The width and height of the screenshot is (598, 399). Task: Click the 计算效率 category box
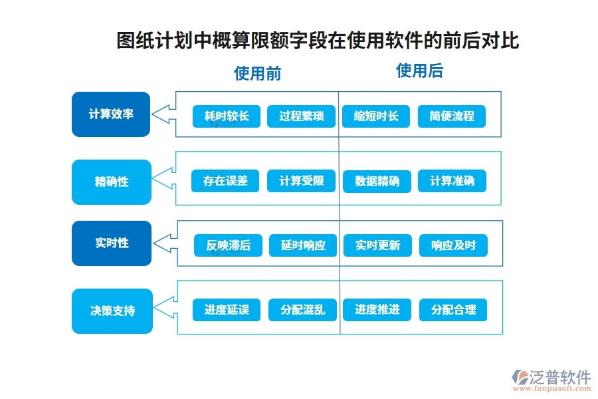111,114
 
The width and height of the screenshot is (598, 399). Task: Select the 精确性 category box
111,182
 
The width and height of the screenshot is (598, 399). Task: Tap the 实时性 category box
111,243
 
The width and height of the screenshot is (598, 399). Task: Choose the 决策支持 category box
111,311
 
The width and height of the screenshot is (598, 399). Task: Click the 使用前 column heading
257,73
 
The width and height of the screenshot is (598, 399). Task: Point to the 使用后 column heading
419,70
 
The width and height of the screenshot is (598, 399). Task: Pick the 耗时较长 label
227,116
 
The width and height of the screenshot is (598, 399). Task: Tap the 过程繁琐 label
301,116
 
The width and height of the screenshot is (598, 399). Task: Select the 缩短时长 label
376,116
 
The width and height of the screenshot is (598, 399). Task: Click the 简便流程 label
452,116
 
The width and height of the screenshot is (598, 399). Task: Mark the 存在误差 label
225,181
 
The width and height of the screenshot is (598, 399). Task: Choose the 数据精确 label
377,181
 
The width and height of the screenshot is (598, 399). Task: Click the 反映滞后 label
228,245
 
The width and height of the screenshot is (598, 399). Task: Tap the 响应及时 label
453,245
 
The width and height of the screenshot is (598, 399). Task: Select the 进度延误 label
227,310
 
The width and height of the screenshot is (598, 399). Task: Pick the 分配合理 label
453,310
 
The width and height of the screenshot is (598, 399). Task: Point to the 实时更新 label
377,245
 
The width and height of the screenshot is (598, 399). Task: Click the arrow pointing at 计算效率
163,114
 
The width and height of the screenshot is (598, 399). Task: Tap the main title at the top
318,41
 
